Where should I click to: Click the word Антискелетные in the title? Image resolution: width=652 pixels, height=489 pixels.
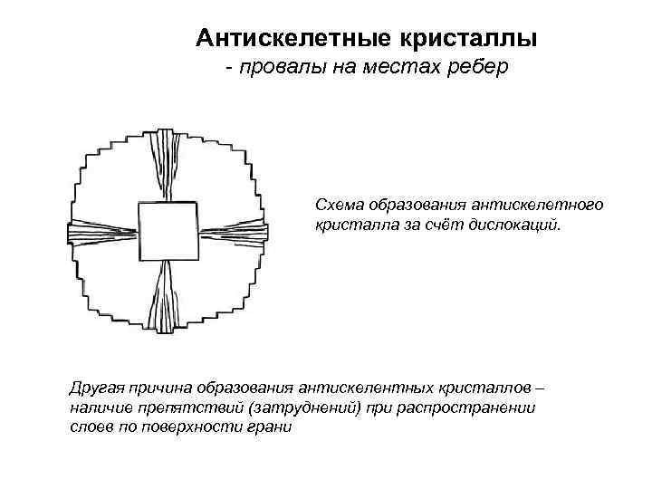coord(287,38)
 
